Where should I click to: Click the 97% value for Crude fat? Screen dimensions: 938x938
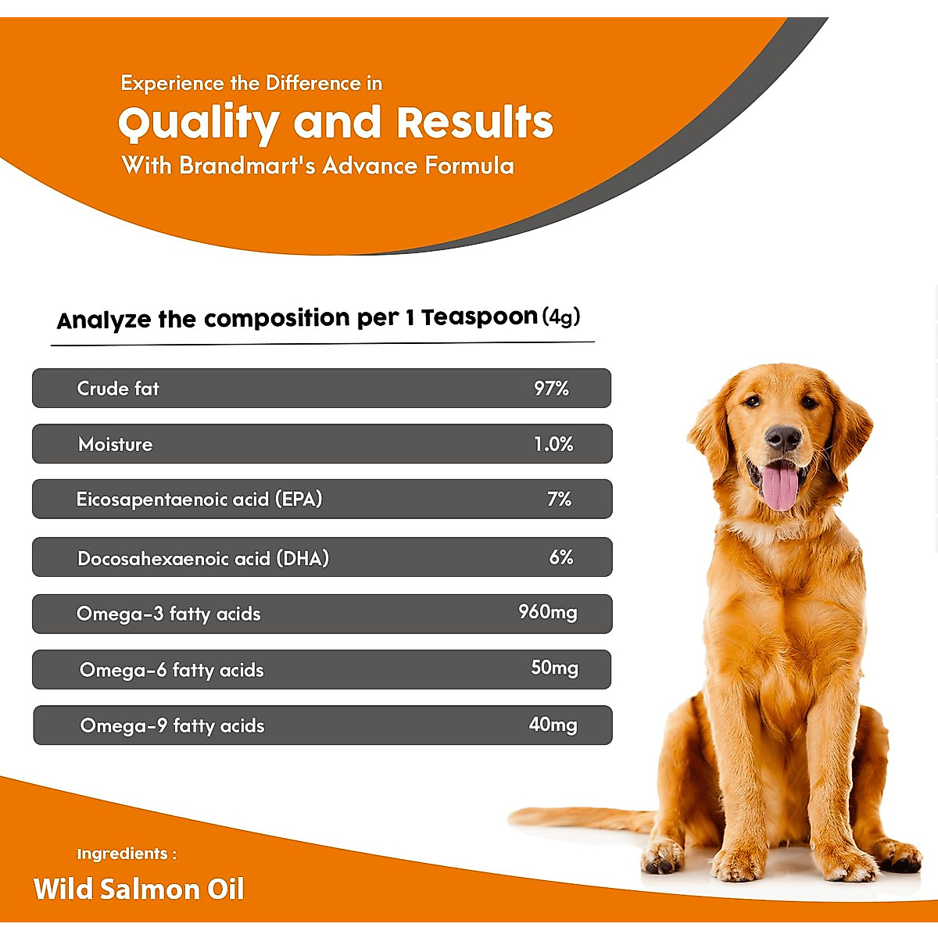tap(551, 388)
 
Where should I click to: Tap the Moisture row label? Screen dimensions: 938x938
tap(116, 445)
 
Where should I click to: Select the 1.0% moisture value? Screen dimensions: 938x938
tap(553, 445)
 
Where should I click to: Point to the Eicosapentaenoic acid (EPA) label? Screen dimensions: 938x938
tap(199, 499)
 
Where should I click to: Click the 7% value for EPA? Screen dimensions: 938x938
tap(559, 499)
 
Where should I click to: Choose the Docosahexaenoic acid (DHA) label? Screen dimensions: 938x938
tap(203, 558)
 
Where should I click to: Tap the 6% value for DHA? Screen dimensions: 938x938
tap(561, 557)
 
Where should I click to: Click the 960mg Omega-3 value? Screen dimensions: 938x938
tap(548, 612)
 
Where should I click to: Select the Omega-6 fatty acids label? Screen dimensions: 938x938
tap(172, 671)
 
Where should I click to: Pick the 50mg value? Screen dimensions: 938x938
tap(555, 668)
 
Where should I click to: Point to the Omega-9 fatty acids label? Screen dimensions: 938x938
tap(173, 726)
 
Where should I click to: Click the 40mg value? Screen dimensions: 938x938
tap(553, 725)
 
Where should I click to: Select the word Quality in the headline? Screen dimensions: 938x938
tap(199, 124)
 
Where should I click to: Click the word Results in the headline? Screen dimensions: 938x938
tap(474, 124)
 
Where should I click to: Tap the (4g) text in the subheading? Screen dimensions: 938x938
tap(561, 317)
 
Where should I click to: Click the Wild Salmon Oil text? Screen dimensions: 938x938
tap(139, 890)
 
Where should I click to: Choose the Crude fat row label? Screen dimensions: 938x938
tap(118, 388)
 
